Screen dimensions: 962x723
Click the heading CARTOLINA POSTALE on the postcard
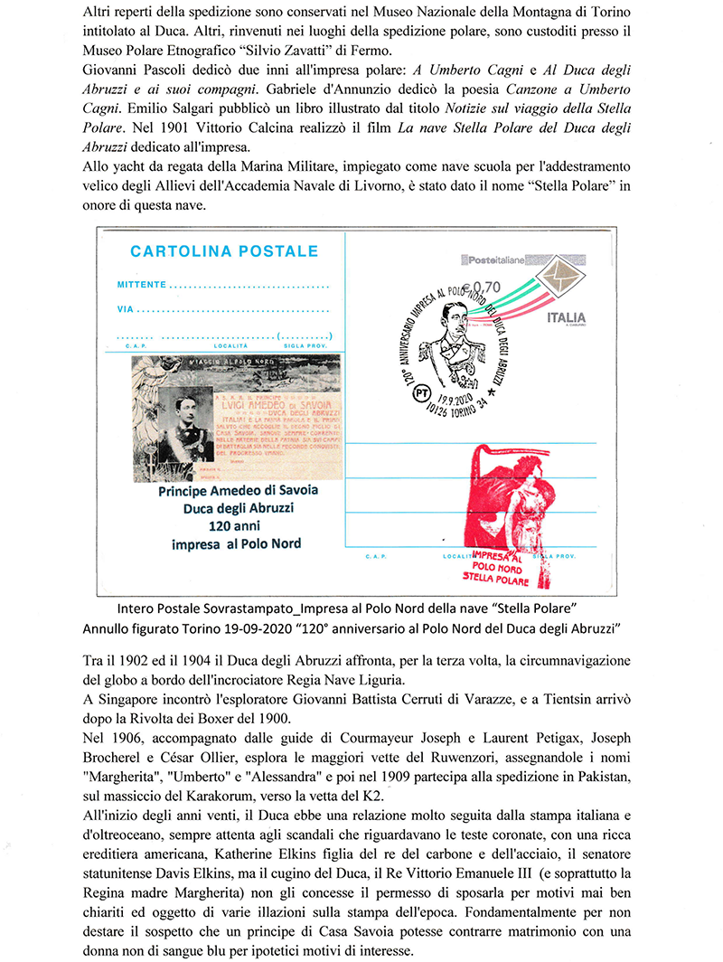[x=224, y=251]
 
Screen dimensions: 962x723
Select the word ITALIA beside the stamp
[x=566, y=317]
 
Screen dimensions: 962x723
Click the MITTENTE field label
[x=142, y=285]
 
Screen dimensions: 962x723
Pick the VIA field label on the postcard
[x=125, y=309]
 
